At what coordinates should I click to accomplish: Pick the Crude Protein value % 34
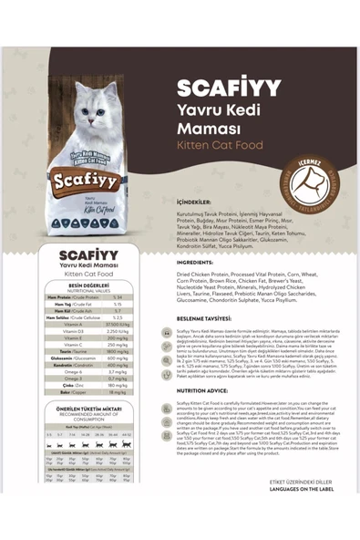point(118,297)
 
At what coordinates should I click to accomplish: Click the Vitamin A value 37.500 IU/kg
point(118,324)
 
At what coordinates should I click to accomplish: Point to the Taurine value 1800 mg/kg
point(118,350)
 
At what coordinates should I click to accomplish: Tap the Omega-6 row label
point(67,371)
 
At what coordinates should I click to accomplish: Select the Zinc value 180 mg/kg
point(118,385)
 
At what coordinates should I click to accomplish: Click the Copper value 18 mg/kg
point(118,393)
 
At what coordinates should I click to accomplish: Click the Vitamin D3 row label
point(67,330)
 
